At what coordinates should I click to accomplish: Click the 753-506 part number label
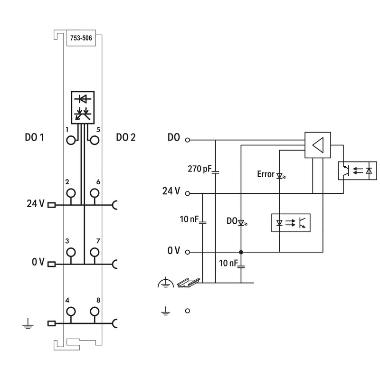[81, 38]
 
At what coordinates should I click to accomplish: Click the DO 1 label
[34, 137]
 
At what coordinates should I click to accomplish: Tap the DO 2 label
[126, 137]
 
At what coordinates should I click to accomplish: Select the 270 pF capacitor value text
[199, 169]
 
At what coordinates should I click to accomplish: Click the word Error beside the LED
[266, 174]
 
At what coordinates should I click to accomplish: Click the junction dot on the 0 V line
[241, 252]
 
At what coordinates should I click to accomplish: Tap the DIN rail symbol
[188, 283]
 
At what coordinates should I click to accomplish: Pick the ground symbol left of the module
[28, 324]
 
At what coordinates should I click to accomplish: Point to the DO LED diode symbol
[241, 222]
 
